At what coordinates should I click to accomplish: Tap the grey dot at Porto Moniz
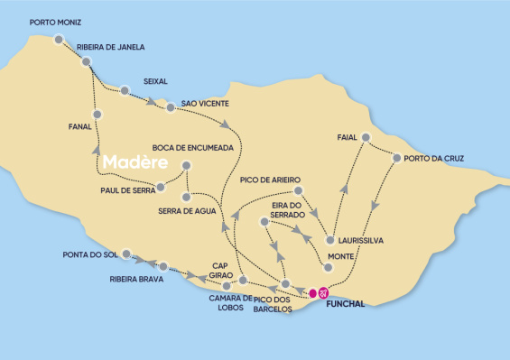(x=59, y=39)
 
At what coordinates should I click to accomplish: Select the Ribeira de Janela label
(x=111, y=47)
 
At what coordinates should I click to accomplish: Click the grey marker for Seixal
(x=124, y=90)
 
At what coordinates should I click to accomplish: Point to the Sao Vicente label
(x=211, y=104)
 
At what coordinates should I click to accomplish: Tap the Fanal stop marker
(x=97, y=115)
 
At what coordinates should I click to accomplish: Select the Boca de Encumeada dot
(x=186, y=165)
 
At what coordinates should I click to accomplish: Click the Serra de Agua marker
(x=185, y=197)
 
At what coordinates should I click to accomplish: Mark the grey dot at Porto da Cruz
(x=396, y=158)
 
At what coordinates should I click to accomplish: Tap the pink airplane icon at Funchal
(x=324, y=291)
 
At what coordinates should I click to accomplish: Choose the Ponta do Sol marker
(x=126, y=254)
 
